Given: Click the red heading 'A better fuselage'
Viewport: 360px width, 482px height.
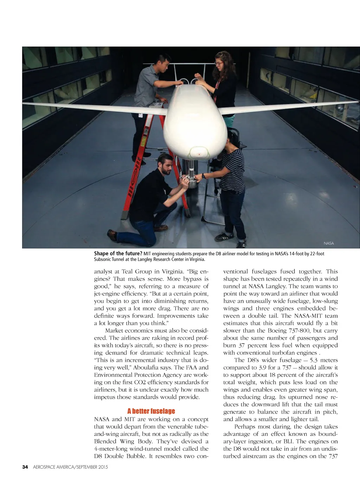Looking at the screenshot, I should pyautogui.click(x=151, y=411).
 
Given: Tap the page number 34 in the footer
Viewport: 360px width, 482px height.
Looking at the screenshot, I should pyautogui.click(x=25, y=467).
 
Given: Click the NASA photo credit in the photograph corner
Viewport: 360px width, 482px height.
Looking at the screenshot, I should pyautogui.click(x=329, y=243).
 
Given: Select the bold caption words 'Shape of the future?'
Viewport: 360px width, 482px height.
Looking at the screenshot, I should pyautogui.click(x=118, y=253).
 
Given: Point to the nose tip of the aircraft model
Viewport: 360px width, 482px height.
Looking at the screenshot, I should pyautogui.click(x=199, y=154).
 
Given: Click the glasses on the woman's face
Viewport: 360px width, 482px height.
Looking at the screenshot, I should pyautogui.click(x=219, y=64).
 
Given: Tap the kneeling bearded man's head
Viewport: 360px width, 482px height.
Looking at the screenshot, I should pyautogui.click(x=165, y=164).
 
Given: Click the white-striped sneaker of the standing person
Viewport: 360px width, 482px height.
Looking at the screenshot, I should pyautogui.click(x=224, y=236).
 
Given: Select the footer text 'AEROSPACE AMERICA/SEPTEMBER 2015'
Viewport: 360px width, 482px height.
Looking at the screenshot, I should pyautogui.click(x=70, y=467).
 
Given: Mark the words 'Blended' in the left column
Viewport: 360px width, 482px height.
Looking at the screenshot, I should pyautogui.click(x=105, y=441).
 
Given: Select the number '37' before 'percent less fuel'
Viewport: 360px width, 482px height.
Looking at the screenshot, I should pyautogui.click(x=242, y=345).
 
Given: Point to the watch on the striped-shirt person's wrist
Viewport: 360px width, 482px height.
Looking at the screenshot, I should pyautogui.click(x=204, y=175).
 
